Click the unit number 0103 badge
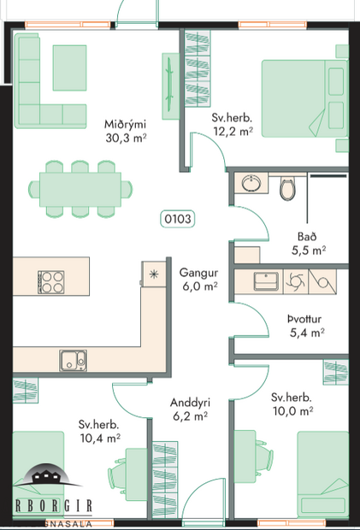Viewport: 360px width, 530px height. point(177,219)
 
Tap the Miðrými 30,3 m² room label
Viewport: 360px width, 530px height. point(124,129)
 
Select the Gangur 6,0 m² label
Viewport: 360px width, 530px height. point(198,280)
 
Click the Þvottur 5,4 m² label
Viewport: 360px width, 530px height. point(305,324)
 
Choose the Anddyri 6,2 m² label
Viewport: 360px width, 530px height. point(189,409)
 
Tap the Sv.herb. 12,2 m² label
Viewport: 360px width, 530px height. point(233,124)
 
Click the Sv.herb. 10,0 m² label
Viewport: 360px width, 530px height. point(292,404)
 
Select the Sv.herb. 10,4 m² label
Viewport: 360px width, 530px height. point(98,431)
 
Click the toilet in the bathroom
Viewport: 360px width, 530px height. point(287,186)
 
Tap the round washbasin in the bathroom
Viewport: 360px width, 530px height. point(251,184)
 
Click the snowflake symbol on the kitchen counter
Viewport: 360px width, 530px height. point(153,274)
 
